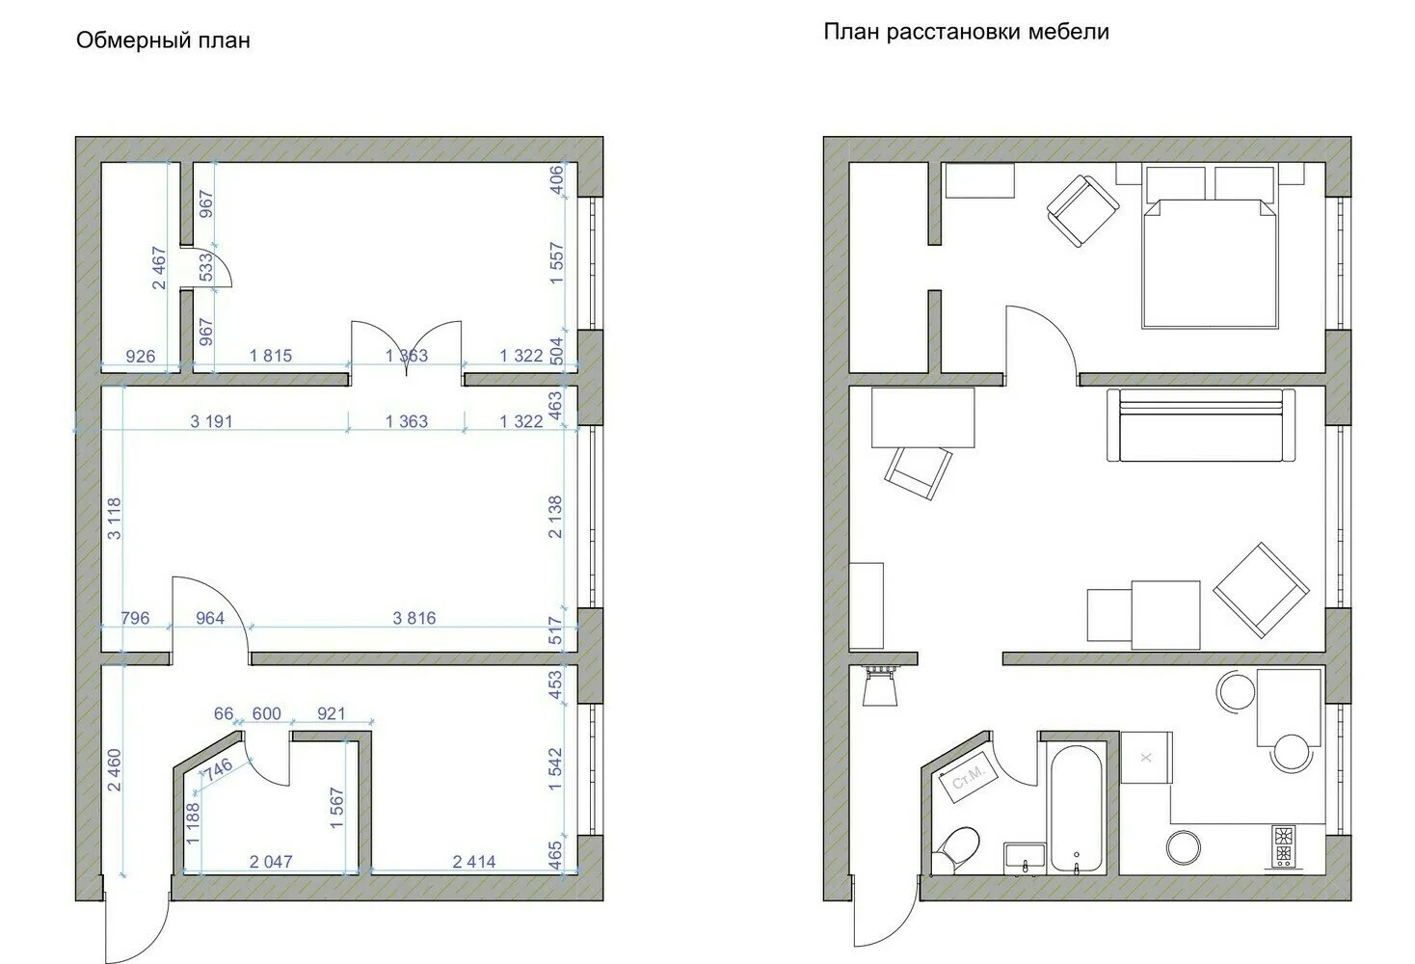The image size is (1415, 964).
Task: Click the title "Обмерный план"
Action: coord(163,40)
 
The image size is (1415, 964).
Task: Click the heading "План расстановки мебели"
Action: coord(966,32)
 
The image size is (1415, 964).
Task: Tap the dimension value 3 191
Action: coord(212,421)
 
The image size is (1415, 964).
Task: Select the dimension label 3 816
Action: coord(414,618)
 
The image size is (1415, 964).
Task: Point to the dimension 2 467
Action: coord(158,268)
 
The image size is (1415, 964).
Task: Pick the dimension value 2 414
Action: coord(474,862)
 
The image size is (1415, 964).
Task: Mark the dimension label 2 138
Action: coord(555,517)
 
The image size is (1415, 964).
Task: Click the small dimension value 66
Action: coord(224,713)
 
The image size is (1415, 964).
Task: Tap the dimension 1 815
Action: coord(270,356)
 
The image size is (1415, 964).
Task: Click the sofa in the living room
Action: coord(1201,424)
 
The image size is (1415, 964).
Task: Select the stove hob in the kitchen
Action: coord(1283,845)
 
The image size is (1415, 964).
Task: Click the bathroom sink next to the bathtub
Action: coord(1025,858)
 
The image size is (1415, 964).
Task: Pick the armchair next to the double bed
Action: coord(1082,210)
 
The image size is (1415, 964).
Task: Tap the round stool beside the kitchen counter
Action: coord(1183,847)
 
